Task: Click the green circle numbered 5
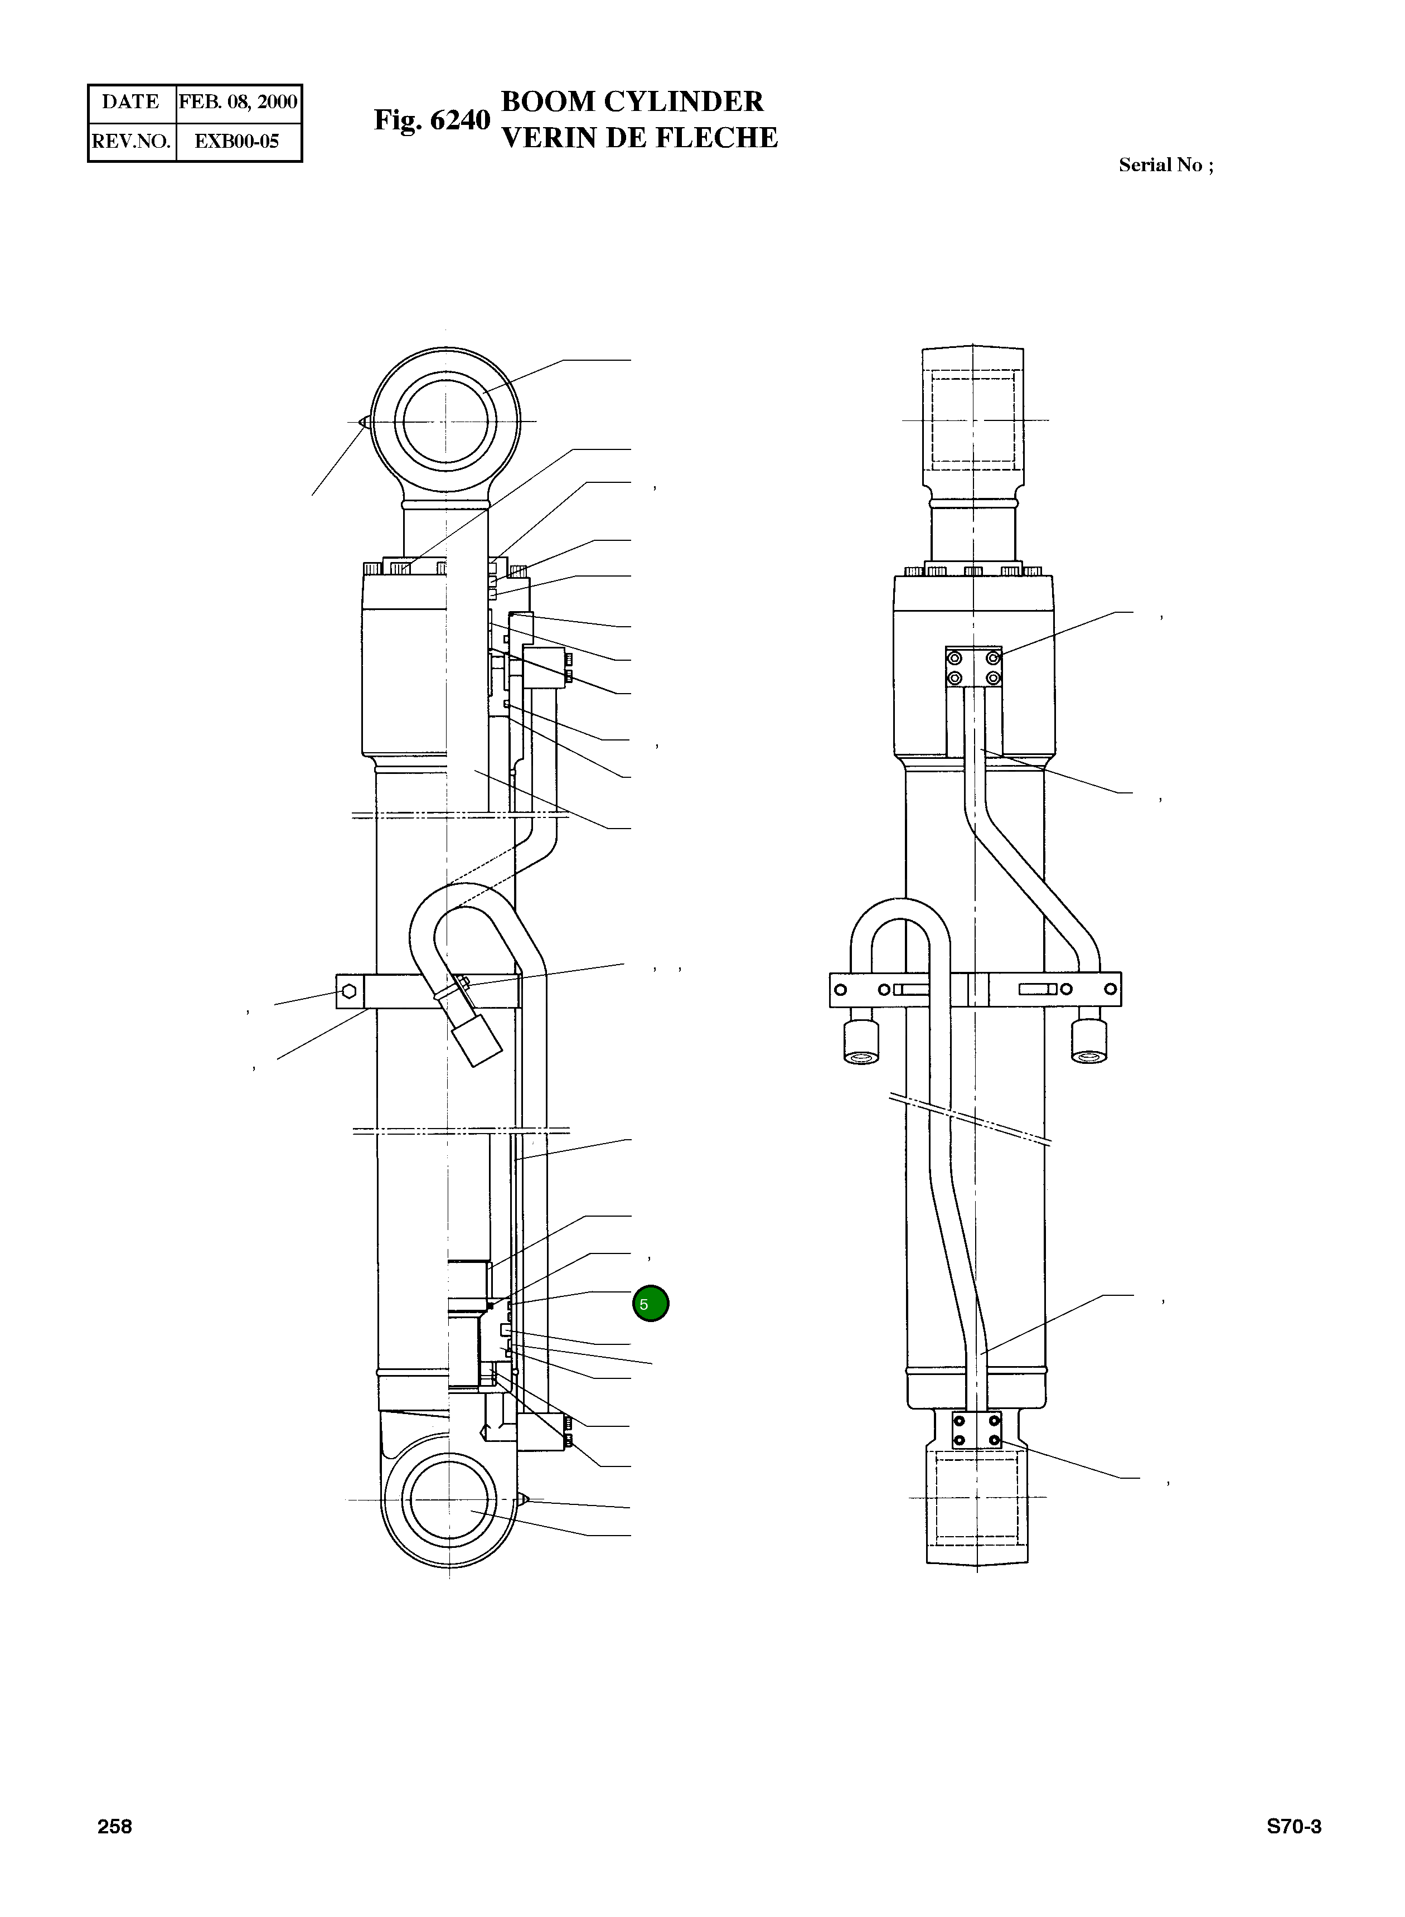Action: pos(651,1304)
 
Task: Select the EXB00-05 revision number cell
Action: pos(238,142)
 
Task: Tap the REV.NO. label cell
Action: pos(132,142)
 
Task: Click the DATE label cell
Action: pos(131,103)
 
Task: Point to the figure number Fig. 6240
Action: pos(432,121)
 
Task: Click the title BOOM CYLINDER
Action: pos(633,101)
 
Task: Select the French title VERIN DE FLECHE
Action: pos(639,138)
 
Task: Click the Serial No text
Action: pos(1166,165)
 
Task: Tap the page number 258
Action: pos(115,1827)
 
